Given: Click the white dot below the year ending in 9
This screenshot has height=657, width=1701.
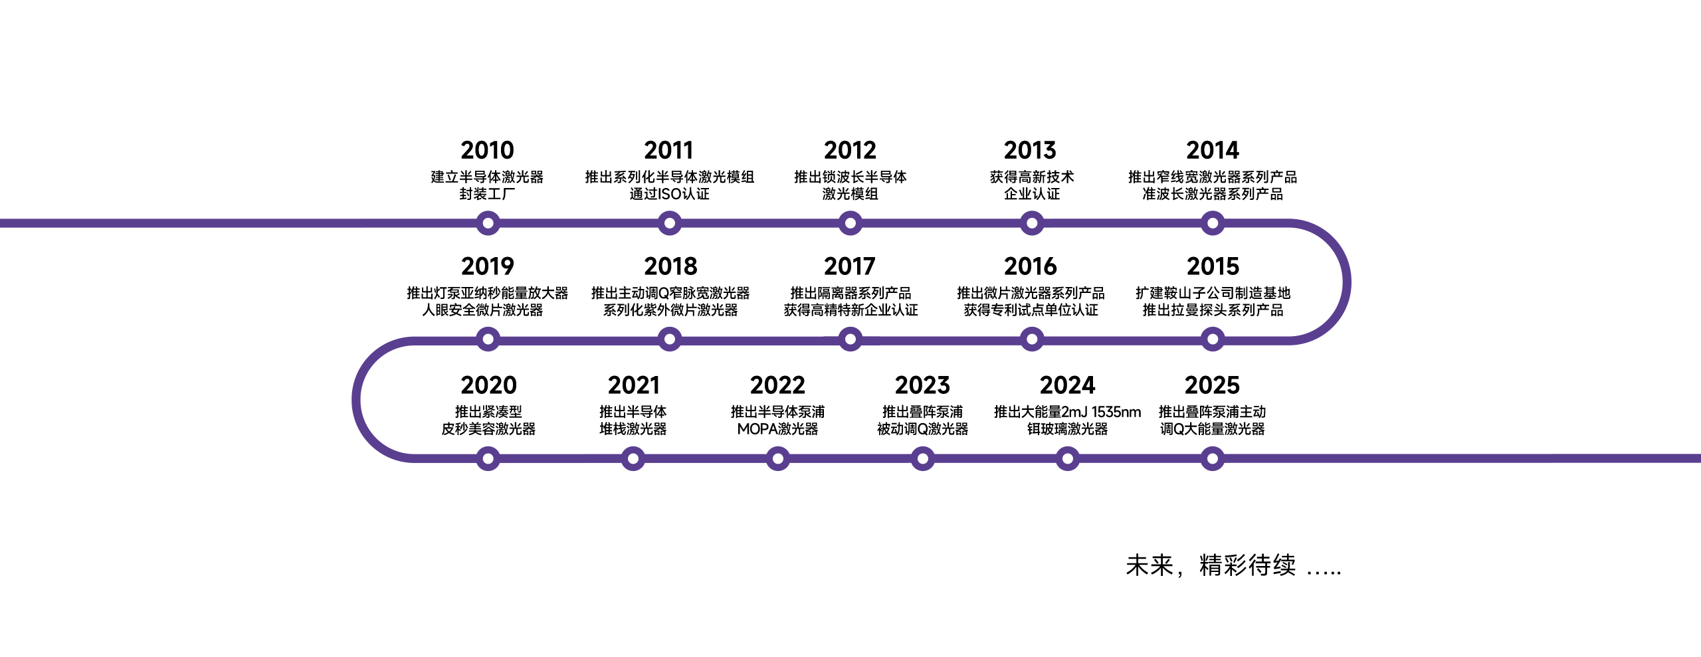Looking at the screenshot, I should tap(488, 339).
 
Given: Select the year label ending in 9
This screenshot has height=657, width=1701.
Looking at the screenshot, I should tap(488, 267).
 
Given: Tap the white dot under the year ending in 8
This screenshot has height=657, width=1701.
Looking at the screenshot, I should tap(670, 339).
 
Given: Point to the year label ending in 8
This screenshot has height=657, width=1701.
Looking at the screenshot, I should tap(670, 267).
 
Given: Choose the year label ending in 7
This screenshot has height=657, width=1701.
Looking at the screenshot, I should tap(850, 267).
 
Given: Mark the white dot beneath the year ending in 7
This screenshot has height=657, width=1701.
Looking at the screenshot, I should tap(850, 339).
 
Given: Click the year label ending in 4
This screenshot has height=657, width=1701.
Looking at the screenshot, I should tap(1213, 151).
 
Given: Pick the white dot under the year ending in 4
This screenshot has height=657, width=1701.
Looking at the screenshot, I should tap(1213, 223).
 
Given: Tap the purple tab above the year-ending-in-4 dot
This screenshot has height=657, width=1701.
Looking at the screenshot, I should tap(1213, 213).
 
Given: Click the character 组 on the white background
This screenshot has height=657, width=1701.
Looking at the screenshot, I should tap(749, 177).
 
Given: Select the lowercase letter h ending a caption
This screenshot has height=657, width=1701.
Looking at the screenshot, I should tap(1137, 413).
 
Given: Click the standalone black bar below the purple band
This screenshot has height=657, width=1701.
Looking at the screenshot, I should tap(1233, 565).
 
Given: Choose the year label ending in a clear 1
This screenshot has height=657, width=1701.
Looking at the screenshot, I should tap(633, 385).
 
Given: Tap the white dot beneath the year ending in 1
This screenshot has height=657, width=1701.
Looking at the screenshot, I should tap(633, 458).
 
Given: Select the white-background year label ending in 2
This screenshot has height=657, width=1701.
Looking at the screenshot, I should tap(850, 151).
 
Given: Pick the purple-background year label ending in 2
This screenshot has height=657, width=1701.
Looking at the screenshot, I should tap(777, 385).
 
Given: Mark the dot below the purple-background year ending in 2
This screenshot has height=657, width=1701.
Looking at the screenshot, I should tap(777, 458).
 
